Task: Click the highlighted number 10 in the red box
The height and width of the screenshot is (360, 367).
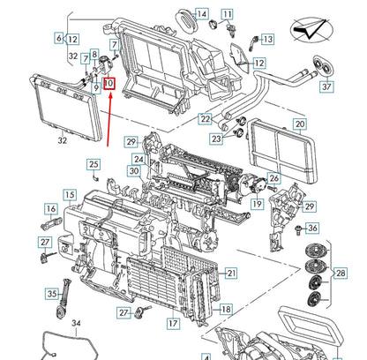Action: pos(109,85)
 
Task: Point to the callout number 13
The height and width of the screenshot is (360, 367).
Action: pos(267,39)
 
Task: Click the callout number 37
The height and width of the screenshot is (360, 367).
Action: pos(327,86)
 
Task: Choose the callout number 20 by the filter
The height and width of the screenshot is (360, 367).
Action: pos(300,125)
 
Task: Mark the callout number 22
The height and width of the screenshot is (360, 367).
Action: pos(205,119)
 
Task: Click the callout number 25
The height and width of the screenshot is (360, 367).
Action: pos(94,164)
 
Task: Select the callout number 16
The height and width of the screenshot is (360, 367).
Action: pos(49,209)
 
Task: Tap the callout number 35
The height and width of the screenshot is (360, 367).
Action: pos(52,295)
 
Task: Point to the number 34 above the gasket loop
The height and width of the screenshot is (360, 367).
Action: pos(76,325)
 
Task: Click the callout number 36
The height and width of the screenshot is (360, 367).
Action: pos(313,228)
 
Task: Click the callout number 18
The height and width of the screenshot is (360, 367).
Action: pos(225,310)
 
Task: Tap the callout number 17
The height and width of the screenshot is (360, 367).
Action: pos(173,324)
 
